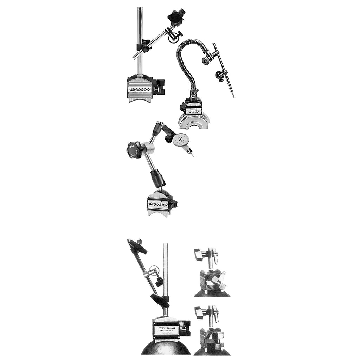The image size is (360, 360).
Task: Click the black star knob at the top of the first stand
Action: click(175, 16)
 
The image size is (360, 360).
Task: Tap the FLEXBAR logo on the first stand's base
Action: click(140, 90)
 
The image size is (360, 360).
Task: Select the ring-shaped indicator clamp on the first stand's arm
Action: click(173, 38)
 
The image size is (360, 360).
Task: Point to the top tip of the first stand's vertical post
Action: click(140, 8)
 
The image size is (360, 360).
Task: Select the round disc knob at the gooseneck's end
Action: click(204, 61)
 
